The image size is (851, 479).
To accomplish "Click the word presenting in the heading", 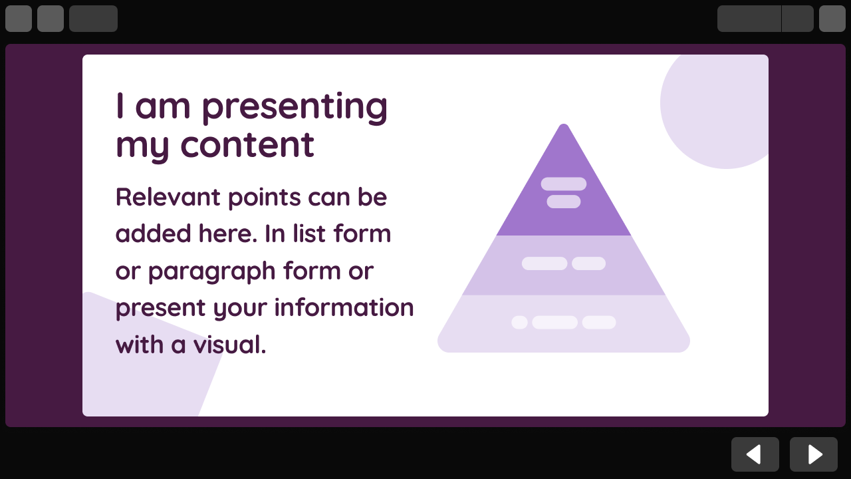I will click(x=295, y=106).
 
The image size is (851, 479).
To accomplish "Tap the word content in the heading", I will click(x=247, y=145).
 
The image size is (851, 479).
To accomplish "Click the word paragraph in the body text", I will click(x=211, y=271).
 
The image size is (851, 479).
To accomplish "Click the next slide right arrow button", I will click(x=813, y=454).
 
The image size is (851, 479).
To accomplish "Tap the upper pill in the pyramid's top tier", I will click(x=564, y=184).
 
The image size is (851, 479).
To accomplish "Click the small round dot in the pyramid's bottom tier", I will click(x=519, y=323).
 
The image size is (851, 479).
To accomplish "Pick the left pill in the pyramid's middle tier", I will click(x=545, y=263).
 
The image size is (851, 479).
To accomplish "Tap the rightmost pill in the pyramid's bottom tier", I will click(x=599, y=323).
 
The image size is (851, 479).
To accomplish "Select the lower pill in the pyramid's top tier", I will click(x=564, y=202).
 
